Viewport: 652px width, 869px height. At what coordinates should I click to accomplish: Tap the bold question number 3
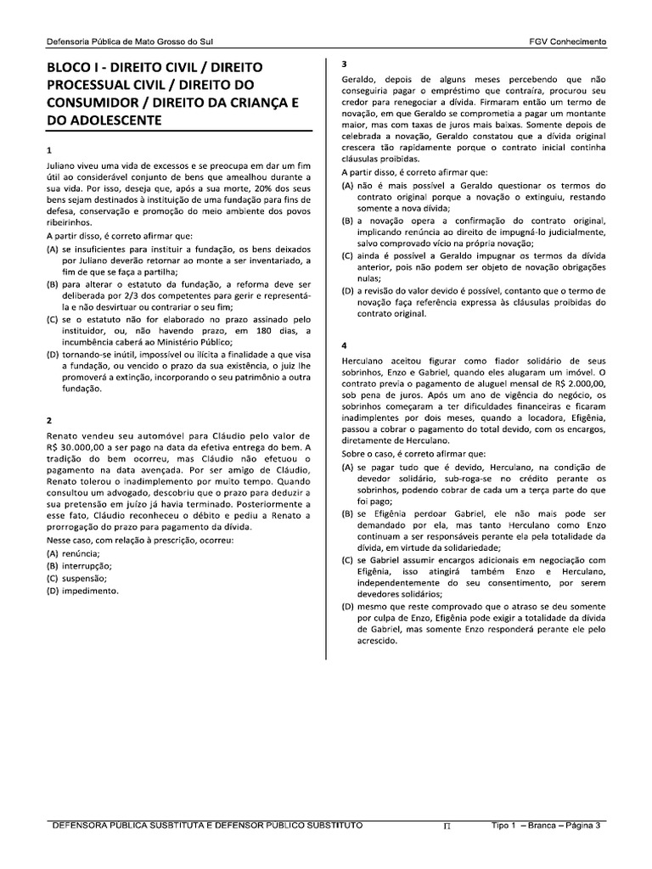coord(343,64)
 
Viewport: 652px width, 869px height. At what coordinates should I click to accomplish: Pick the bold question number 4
coord(343,346)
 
